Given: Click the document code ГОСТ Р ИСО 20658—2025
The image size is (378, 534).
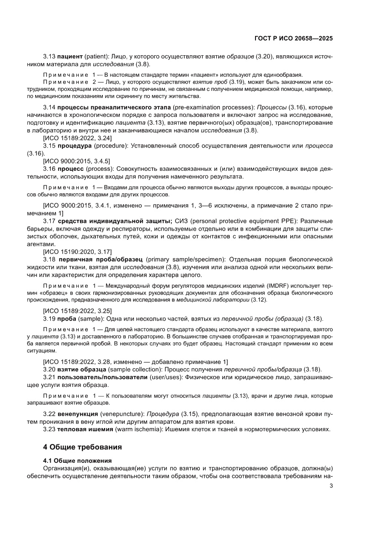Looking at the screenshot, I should click(x=293, y=39).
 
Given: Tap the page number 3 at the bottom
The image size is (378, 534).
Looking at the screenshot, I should click(x=331, y=486).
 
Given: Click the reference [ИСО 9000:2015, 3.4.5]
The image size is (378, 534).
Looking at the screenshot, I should click(x=76, y=161).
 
